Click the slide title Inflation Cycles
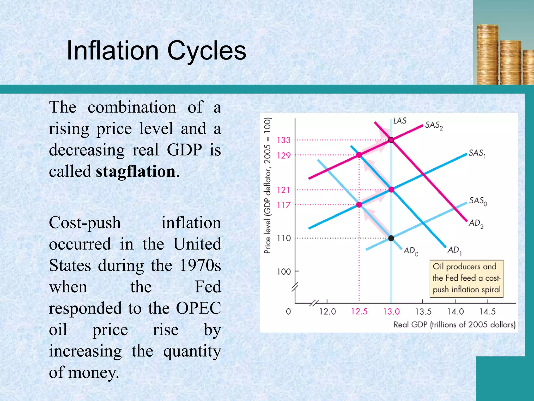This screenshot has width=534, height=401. (156, 51)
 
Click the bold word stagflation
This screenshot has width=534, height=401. (136, 172)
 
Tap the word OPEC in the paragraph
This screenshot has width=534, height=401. (198, 308)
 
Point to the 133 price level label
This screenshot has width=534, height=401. (284, 140)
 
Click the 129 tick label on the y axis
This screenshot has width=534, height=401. (284, 156)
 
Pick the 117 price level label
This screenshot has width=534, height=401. (284, 205)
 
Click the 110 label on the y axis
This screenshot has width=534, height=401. (284, 238)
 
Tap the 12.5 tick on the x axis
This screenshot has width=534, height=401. (359, 311)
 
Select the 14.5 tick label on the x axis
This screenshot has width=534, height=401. (487, 311)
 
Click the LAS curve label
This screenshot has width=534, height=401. (400, 121)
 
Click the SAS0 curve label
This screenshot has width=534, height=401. (478, 201)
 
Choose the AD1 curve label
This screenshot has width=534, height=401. (454, 250)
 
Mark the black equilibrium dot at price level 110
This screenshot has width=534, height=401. (391, 238)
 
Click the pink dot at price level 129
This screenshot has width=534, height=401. (359, 155)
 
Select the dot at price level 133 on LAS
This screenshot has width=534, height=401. (391, 140)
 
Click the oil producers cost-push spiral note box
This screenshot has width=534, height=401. (466, 279)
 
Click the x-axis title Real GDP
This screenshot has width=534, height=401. (454, 325)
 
